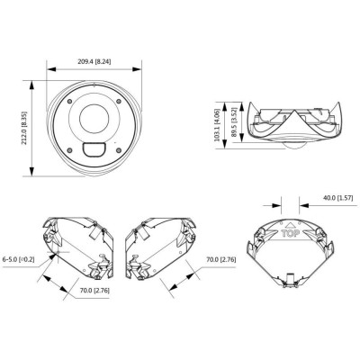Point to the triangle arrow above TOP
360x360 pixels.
[290, 220]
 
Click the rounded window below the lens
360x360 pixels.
[94, 149]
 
